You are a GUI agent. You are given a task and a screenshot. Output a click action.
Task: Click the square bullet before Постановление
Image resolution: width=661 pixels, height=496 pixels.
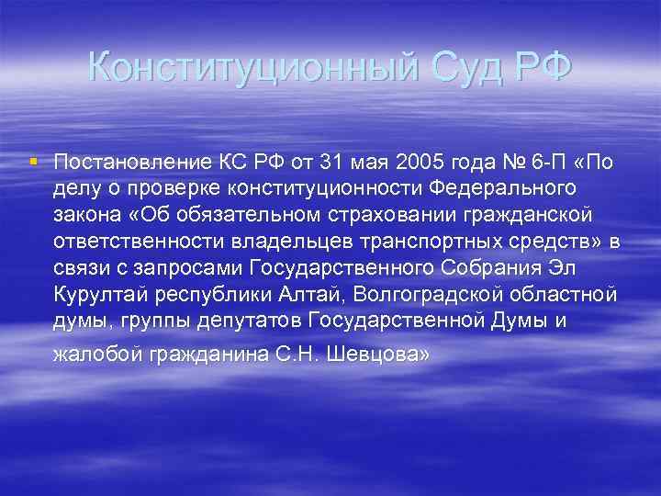(x=34, y=162)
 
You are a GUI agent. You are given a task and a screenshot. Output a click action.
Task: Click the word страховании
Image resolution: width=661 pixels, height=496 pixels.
(x=408, y=214)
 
